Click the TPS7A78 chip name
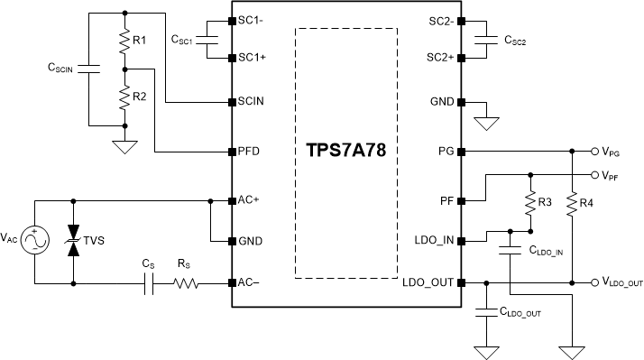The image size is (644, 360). coord(345,150)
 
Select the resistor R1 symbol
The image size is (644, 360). coord(124,41)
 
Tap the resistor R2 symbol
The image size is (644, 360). coord(124,96)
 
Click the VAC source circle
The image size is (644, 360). coord(34,241)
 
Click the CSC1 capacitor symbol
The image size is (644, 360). coord(210,40)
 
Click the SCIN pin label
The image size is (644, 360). coord(251,102)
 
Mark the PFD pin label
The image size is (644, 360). coord(248,151)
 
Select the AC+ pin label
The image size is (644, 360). coord(248,200)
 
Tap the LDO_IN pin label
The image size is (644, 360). coord(432,241)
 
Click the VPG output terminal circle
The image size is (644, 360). coord(593,151)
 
